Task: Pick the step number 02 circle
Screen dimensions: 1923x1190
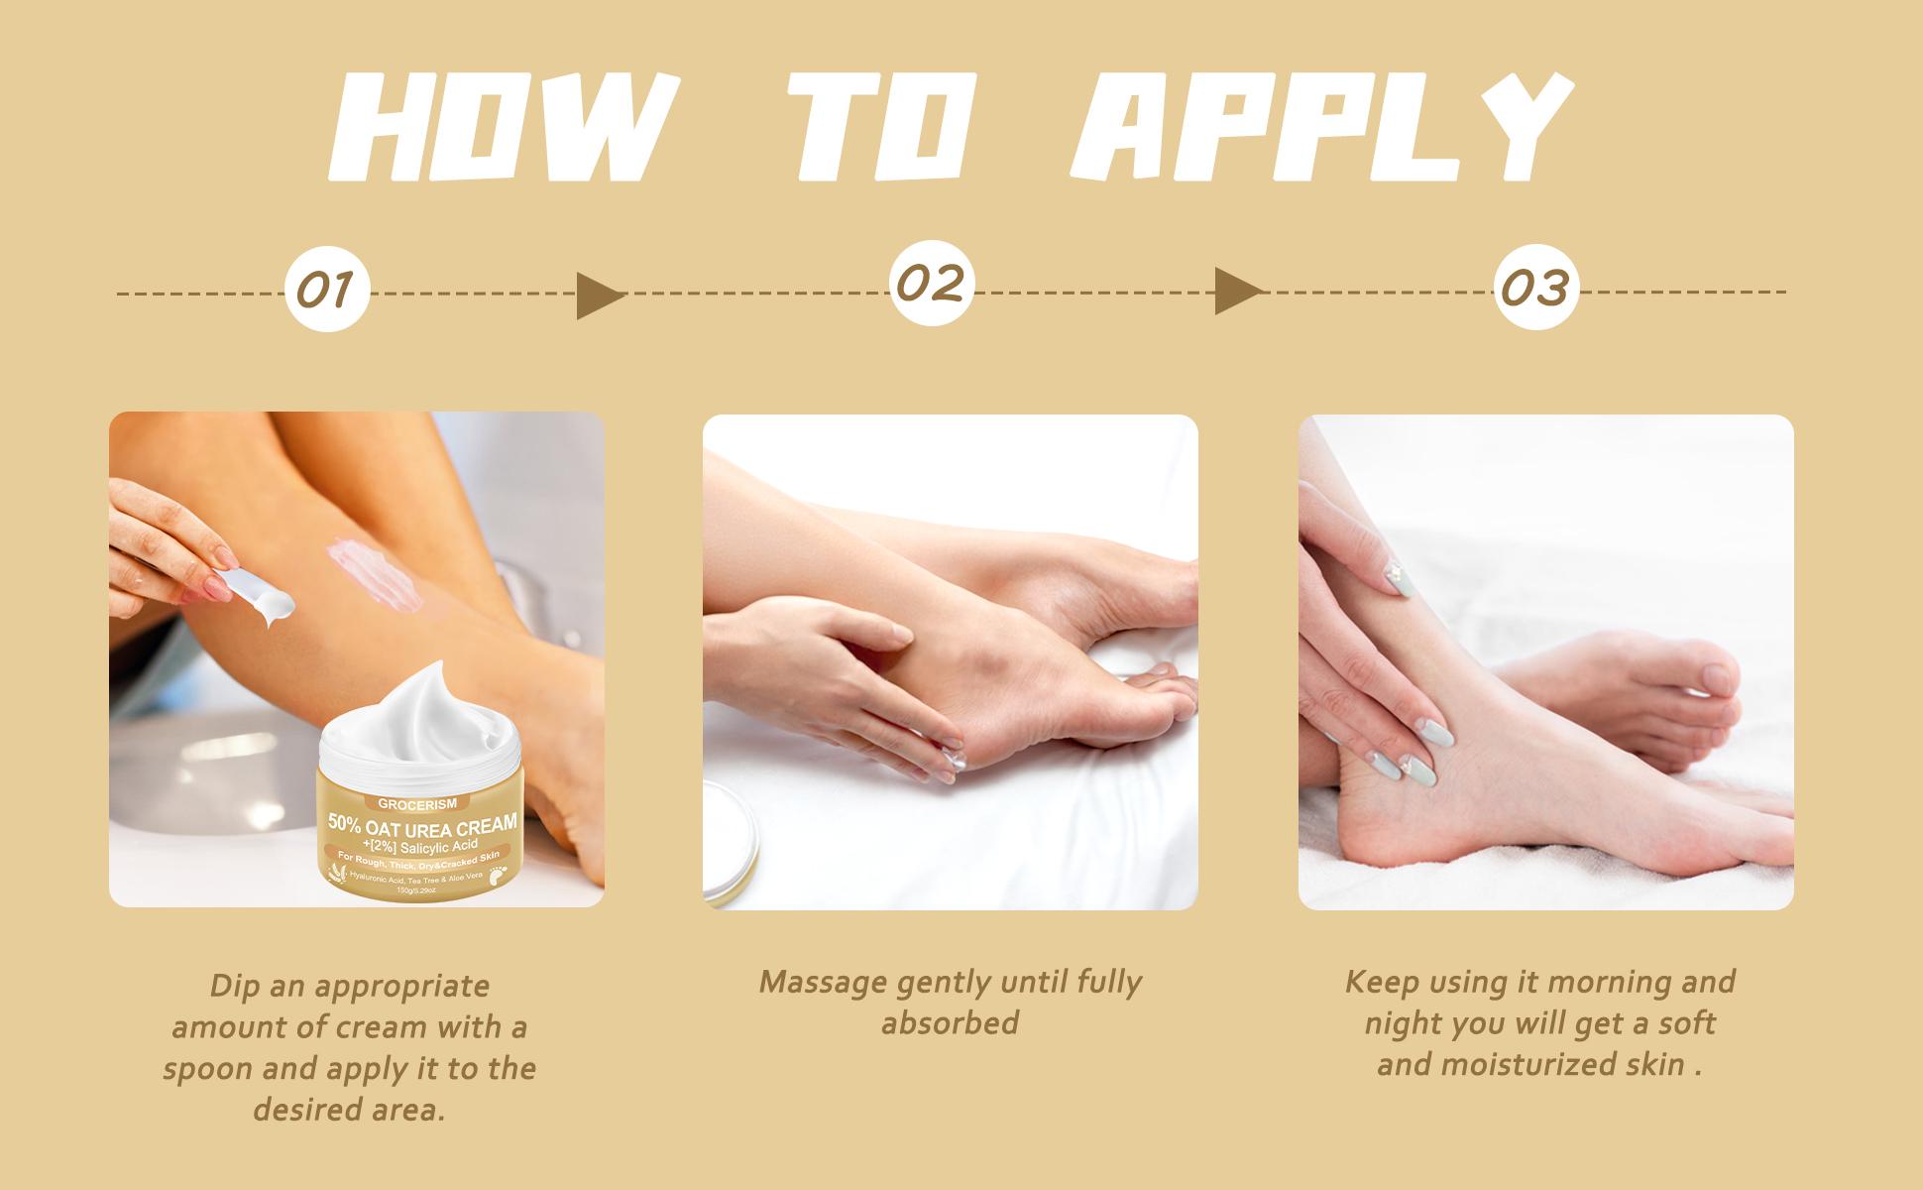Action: (x=931, y=284)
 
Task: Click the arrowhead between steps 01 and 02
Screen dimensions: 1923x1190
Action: (x=601, y=296)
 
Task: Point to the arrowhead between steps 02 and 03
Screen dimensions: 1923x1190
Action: (x=1239, y=292)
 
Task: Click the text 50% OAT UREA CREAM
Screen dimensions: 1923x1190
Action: (x=424, y=824)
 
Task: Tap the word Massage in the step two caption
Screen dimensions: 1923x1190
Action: (x=823, y=983)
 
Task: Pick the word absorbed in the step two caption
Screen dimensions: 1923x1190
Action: (x=950, y=1023)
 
